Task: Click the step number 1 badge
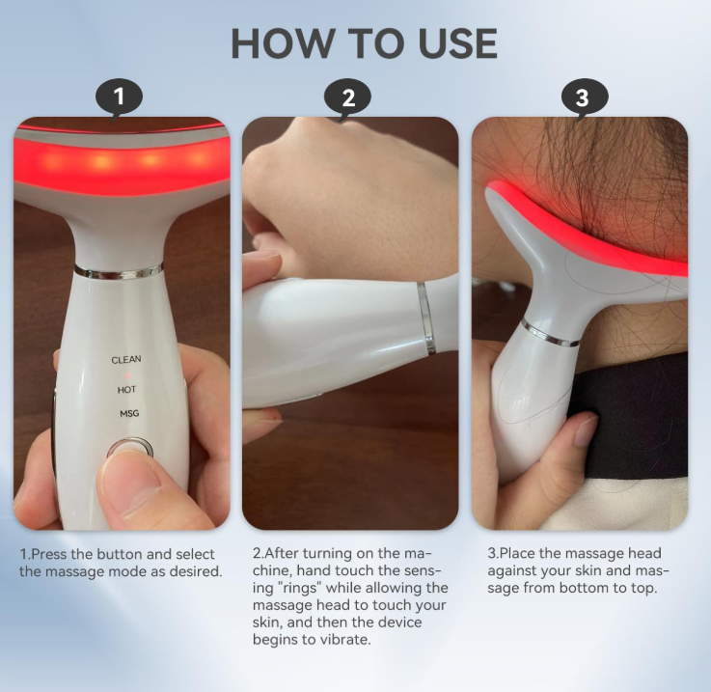coord(119,97)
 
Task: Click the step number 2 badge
coord(348,98)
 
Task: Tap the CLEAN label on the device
coord(126,359)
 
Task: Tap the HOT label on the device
coord(126,390)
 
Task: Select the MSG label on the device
coord(129,413)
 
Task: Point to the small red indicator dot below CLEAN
coord(128,376)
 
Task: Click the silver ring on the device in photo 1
coord(119,270)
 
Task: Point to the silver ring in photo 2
coord(426,318)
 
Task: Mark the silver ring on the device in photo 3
coord(550,333)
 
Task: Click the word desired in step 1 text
coord(194,571)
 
